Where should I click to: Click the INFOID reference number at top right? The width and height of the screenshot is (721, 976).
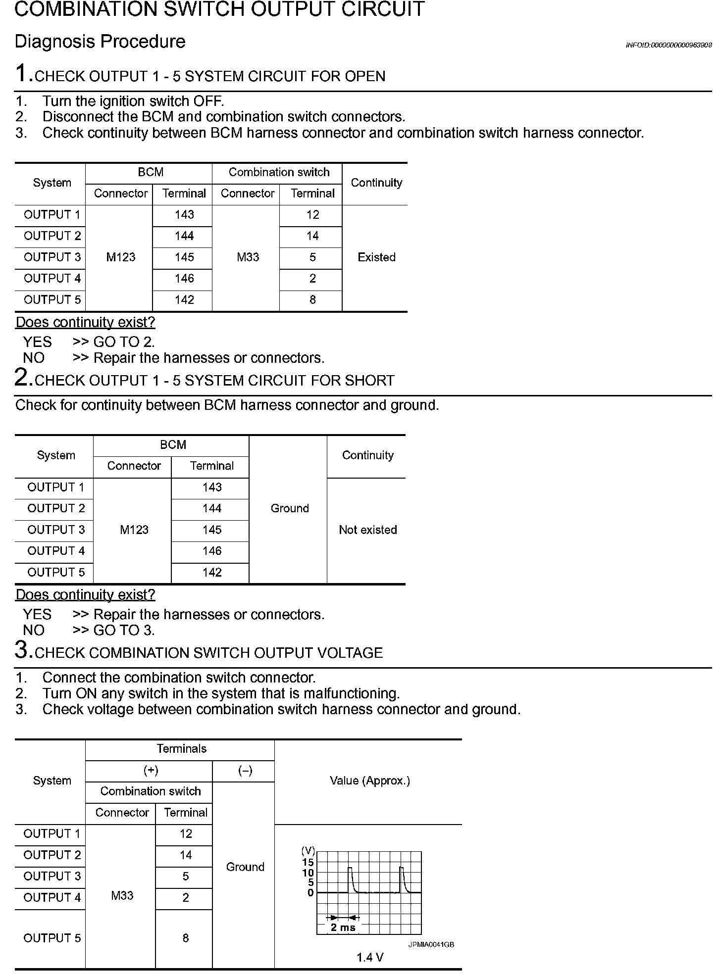point(669,45)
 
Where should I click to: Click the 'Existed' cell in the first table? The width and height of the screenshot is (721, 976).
point(376,257)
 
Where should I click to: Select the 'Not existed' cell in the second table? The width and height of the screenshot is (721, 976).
point(368,530)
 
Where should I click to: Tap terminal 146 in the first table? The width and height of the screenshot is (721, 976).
point(184,279)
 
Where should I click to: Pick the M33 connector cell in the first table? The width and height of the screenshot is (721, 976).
point(248,257)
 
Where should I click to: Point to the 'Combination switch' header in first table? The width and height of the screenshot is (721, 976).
point(279,172)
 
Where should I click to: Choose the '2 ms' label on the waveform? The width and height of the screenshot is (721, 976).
point(343,927)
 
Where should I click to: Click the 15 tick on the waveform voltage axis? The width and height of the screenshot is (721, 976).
point(308,862)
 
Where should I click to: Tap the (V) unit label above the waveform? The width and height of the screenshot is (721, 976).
point(308,851)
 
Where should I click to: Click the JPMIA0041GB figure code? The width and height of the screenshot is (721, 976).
point(431,944)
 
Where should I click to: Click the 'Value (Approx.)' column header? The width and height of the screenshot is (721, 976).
point(369,781)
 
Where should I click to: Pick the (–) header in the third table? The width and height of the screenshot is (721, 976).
point(245,771)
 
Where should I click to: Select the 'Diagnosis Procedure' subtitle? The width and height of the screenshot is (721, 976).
point(100,42)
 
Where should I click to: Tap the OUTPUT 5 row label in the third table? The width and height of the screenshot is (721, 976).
point(52,938)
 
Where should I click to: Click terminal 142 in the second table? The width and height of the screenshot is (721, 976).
point(212,573)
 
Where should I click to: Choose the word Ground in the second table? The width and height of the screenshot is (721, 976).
point(290,508)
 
